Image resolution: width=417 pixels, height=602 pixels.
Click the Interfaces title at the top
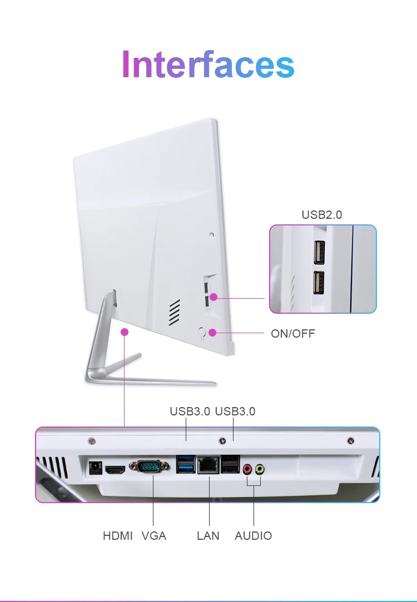[207, 64]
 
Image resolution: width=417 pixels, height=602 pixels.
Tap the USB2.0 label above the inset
[321, 214]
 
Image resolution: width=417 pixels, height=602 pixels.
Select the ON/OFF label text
[292, 333]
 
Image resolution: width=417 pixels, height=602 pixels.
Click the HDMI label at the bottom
[118, 536]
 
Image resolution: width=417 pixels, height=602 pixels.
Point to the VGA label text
[153, 536]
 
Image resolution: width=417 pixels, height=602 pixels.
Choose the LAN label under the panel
[208, 536]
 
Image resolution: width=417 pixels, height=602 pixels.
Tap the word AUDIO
[253, 536]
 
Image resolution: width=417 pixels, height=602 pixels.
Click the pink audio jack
[247, 469]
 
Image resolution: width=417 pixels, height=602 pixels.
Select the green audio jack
[260, 469]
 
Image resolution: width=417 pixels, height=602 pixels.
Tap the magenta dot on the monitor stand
[125, 332]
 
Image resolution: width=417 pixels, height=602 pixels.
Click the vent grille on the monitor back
[175, 312]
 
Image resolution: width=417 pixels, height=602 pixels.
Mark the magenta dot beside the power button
[213, 333]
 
